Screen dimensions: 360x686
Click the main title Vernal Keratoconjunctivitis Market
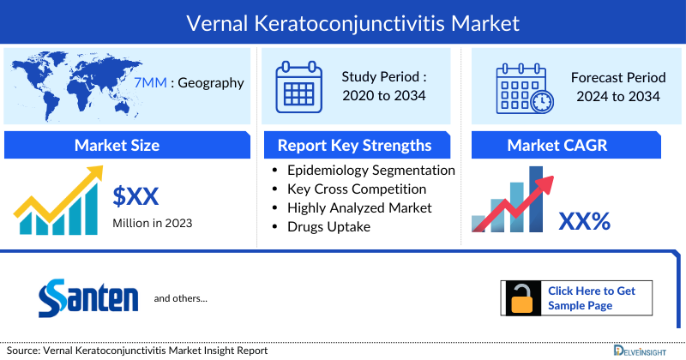pos(343,20)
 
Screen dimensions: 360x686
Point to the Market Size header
pos(117,145)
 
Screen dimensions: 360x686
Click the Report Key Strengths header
pos(354,145)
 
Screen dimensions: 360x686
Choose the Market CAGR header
pos(569,145)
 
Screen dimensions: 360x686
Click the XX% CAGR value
pos(585,222)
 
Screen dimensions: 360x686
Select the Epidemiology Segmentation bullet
pos(371,171)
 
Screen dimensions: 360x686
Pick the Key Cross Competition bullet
pos(357,189)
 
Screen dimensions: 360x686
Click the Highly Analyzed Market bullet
pos(359,207)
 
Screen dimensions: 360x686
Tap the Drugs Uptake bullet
pos(330,226)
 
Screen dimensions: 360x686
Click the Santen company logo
pos(88,298)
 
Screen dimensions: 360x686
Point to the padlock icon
pos(521,298)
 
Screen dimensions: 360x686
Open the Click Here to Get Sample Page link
pos(591,298)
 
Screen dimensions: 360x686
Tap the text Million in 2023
pos(153,224)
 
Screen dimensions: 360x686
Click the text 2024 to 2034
pos(617,96)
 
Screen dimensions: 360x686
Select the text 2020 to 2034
pos(383,95)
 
